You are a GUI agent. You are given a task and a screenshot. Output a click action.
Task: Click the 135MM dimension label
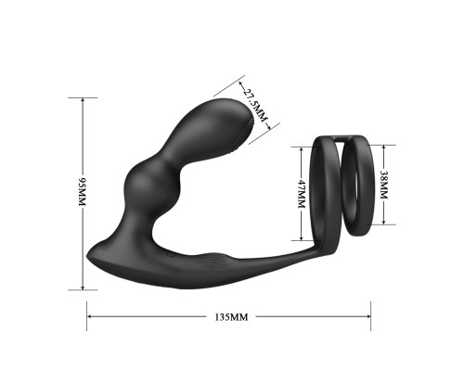[232, 317]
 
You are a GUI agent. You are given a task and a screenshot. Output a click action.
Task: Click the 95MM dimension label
[82, 192]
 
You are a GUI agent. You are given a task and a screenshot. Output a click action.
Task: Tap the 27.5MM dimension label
[254, 106]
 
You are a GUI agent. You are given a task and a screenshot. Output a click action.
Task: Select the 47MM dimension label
[302, 194]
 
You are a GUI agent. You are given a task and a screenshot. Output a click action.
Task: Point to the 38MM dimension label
[383, 185]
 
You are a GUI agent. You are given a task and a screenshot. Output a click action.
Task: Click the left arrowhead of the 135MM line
[89, 316]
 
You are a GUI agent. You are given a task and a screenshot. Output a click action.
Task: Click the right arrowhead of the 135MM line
[368, 316]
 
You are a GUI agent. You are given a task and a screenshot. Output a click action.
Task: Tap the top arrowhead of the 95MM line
[83, 100]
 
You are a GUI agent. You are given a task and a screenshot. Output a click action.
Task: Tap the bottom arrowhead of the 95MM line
[83, 288]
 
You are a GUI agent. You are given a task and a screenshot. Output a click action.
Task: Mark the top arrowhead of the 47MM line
[302, 149]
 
